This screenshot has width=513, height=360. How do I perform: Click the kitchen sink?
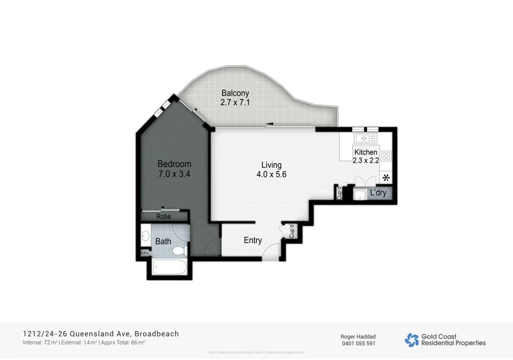coord(365,139)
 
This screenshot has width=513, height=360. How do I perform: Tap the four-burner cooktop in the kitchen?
coord(386,155)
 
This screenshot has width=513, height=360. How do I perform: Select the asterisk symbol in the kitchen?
coord(386,177)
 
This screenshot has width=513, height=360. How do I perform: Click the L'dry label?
coord(378,193)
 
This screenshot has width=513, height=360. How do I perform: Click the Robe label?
coord(164,217)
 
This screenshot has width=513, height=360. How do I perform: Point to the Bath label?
coord(163,241)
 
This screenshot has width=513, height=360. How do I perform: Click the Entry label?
coord(253,240)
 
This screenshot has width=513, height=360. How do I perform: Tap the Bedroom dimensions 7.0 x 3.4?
coord(174,174)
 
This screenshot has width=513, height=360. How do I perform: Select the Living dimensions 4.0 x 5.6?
coord(271,175)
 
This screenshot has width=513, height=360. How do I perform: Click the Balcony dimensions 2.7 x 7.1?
coord(235,103)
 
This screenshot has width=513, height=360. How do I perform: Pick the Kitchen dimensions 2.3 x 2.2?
coord(366,161)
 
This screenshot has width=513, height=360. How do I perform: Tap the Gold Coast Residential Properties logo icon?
coord(412,340)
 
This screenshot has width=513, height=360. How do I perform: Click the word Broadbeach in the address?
coord(157,334)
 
